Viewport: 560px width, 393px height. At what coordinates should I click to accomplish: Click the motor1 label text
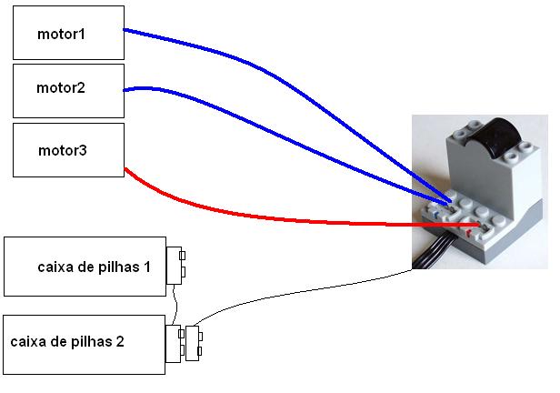click(61, 35)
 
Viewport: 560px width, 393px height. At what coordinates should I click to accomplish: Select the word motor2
click(61, 88)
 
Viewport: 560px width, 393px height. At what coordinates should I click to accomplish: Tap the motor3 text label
click(63, 150)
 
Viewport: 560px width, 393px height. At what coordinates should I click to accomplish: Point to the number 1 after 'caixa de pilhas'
click(146, 267)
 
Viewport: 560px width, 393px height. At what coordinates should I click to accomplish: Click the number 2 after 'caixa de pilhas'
click(120, 341)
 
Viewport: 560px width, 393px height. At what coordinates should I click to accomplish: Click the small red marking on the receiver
click(469, 234)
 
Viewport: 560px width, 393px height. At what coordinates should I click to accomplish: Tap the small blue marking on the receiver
click(435, 215)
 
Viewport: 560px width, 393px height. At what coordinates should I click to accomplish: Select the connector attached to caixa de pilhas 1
click(175, 266)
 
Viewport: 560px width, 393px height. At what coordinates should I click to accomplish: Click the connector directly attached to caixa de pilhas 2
click(175, 344)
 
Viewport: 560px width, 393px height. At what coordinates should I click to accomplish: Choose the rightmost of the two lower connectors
click(194, 343)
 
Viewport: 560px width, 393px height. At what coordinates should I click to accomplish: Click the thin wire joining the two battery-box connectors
click(175, 305)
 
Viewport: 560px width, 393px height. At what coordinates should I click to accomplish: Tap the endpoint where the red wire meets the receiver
click(478, 225)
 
